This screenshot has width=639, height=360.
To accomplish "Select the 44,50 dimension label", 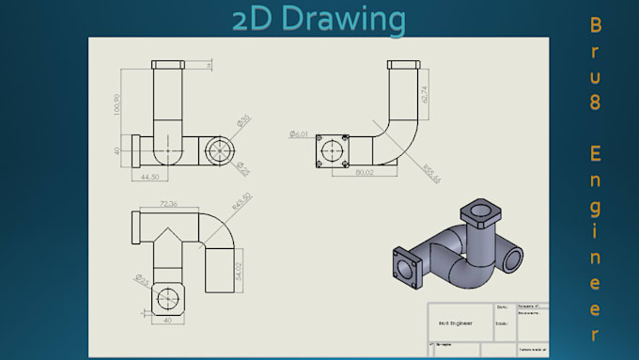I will coord(150,176).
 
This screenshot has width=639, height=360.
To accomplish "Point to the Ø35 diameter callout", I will coord(244,120).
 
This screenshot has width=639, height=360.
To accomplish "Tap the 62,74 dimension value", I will coord(425,91).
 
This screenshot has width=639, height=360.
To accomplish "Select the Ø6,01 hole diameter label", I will coord(300,134).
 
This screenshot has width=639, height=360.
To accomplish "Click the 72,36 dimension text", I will coord(170,203).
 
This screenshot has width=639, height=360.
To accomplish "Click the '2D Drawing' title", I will coord(319,19).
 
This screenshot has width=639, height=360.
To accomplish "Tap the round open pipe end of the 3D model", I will coord(513,256).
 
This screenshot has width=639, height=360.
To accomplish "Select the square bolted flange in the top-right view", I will coord(333,150).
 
